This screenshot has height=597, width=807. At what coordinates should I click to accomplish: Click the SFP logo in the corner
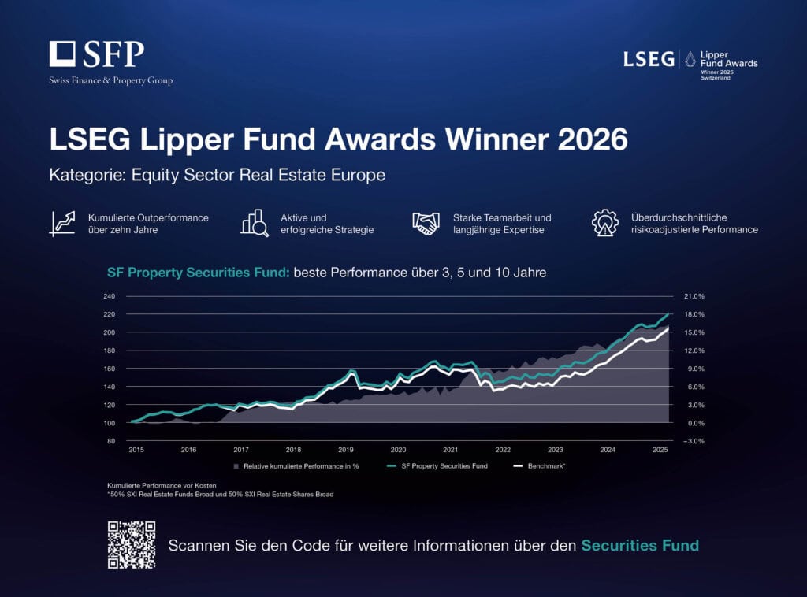(97, 55)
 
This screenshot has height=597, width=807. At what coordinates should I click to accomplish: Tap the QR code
(132, 544)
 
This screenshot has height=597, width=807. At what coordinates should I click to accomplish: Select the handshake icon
(426, 223)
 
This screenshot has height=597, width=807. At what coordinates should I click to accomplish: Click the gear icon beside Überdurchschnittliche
(605, 223)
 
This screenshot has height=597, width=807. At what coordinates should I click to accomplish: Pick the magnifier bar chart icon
(255, 223)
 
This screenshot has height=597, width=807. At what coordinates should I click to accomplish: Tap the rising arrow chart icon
(62, 223)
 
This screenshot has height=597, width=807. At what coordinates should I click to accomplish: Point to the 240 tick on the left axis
(110, 296)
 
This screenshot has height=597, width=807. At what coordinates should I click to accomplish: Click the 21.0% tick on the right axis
(694, 296)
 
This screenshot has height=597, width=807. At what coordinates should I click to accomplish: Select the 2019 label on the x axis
(345, 450)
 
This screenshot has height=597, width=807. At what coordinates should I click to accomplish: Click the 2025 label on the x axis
(660, 450)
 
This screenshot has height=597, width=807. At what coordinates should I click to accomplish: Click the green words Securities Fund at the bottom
(640, 545)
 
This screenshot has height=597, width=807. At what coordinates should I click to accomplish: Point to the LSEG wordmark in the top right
(649, 59)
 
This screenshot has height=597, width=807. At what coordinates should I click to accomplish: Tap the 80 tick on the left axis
(111, 441)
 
